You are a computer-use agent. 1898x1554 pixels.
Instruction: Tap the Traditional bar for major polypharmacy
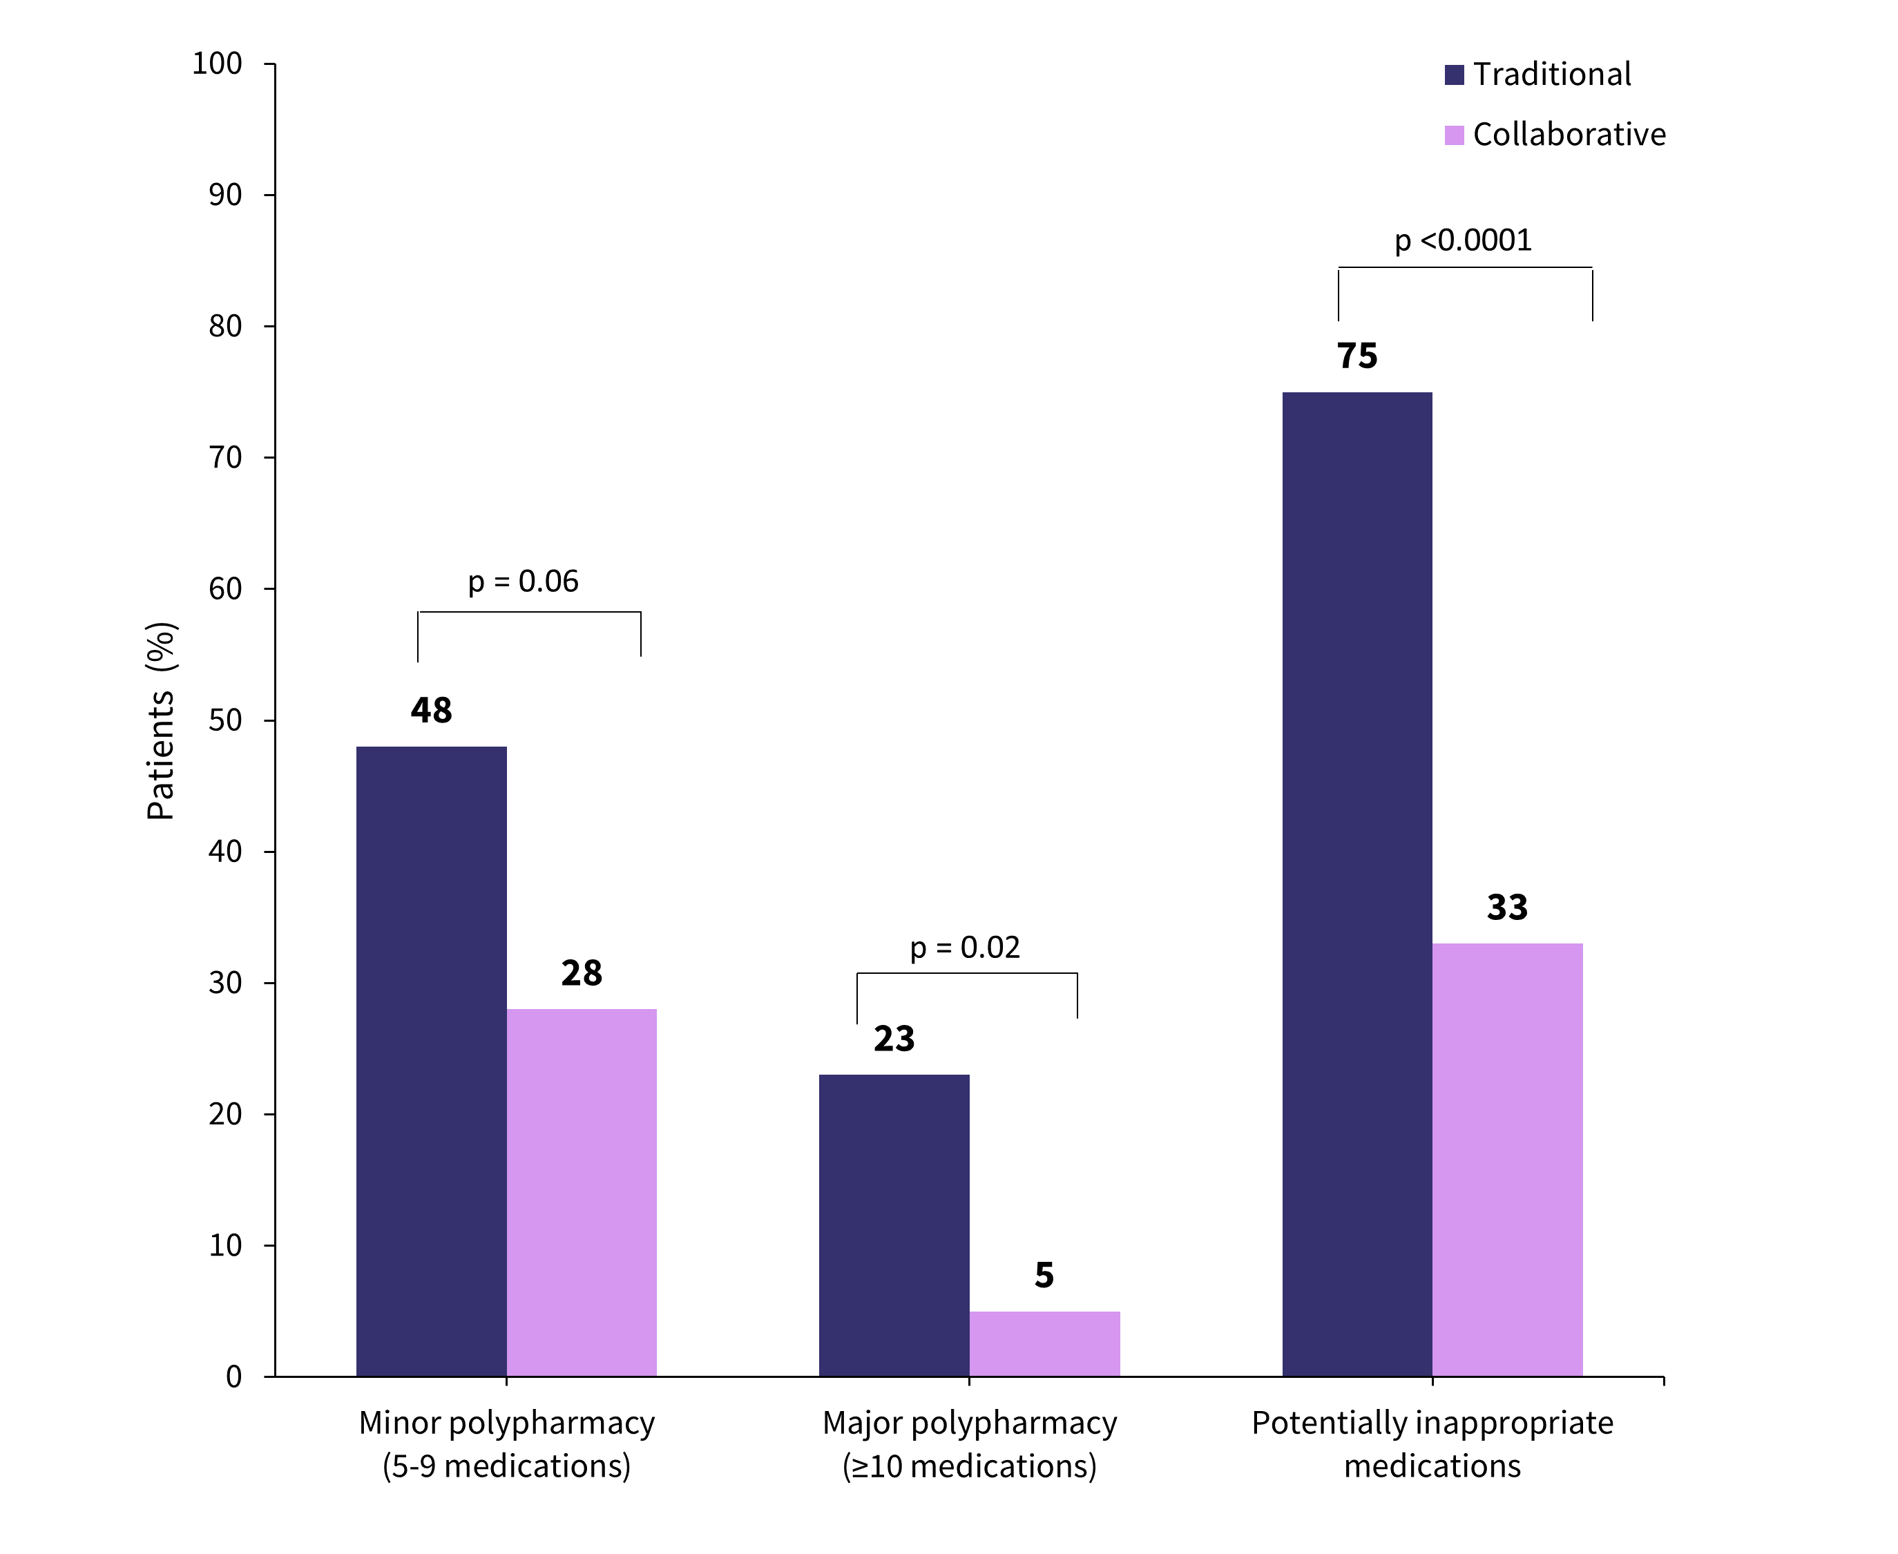(x=894, y=1225)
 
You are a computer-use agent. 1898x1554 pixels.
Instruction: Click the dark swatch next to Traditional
(x=1454, y=75)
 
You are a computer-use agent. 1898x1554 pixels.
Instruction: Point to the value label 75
(x=1357, y=356)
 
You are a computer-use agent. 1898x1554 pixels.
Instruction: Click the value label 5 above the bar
(x=1044, y=1276)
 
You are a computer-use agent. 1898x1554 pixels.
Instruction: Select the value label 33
(x=1507, y=908)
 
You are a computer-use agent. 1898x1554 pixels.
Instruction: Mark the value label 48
(x=432, y=711)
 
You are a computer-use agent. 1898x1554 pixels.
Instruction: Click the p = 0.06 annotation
(x=523, y=582)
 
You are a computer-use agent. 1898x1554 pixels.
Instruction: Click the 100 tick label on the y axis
(x=218, y=64)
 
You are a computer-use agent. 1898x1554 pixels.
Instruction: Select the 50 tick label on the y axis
(x=226, y=720)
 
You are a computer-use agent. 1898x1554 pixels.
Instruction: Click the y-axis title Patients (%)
(x=161, y=720)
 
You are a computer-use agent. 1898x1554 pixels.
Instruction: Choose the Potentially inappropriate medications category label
(x=1432, y=1444)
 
